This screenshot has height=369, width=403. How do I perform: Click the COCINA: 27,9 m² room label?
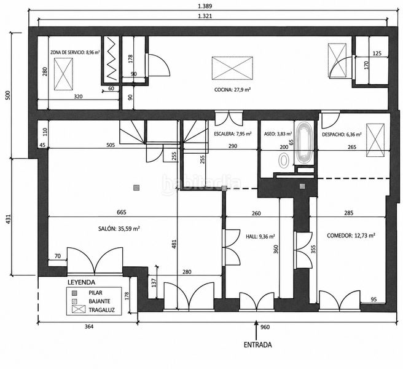coord(232,90)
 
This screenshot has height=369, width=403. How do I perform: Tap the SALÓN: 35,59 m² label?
coord(119,229)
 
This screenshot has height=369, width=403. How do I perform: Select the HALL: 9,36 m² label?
coord(260,236)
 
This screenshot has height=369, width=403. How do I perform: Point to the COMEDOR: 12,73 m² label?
coord(351,236)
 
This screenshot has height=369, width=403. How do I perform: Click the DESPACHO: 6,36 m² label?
coord(342,134)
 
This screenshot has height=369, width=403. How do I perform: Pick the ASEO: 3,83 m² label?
coord(278,134)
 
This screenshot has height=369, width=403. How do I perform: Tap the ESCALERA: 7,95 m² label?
coord(232,134)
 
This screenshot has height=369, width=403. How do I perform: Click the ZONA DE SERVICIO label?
coord(68,52)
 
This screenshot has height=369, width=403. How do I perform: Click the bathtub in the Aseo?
coord(304,143)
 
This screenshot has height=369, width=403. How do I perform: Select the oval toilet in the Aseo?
coord(283,161)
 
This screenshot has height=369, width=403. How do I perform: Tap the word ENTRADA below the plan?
coord(257,344)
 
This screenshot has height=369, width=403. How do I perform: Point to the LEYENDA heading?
coord(81,282)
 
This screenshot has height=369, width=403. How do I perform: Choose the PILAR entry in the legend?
coord(95,293)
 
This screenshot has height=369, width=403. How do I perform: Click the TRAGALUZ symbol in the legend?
coord(79,309)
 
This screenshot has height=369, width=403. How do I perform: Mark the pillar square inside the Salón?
coord(136,188)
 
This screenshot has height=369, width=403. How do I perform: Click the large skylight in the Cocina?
coord(232,68)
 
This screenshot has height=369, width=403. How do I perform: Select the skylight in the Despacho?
coord(375,140)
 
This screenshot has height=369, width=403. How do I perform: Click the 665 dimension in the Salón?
coord(122,212)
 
